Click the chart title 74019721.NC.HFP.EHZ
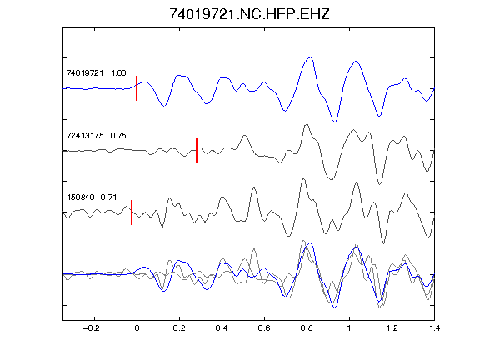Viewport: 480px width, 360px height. [249, 14]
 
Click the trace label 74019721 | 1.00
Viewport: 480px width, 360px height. [96, 73]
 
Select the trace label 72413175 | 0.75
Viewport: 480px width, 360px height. [96, 136]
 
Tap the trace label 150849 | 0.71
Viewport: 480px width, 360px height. [92, 197]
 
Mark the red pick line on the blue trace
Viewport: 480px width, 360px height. [137, 88]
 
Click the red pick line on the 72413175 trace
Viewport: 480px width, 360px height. [197, 151]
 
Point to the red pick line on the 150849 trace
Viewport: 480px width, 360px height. [132, 212]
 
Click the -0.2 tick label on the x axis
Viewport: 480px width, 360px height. [92, 328]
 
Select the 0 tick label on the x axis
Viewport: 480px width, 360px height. [137, 328]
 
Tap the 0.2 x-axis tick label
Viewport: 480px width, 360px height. [179, 328]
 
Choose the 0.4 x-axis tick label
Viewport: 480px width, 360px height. [222, 328]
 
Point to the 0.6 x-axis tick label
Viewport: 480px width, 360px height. [264, 328]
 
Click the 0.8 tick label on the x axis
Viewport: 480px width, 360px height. [307, 328]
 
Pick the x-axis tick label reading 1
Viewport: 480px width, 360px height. [349, 328]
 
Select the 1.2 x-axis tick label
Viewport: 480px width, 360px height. [392, 328]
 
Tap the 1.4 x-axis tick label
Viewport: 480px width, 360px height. [434, 328]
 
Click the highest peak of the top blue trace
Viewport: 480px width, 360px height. [310, 57]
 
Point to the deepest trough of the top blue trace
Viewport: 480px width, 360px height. [335, 122]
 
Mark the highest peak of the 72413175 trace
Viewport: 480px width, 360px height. [307, 124]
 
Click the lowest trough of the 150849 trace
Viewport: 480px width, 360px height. [384, 243]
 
